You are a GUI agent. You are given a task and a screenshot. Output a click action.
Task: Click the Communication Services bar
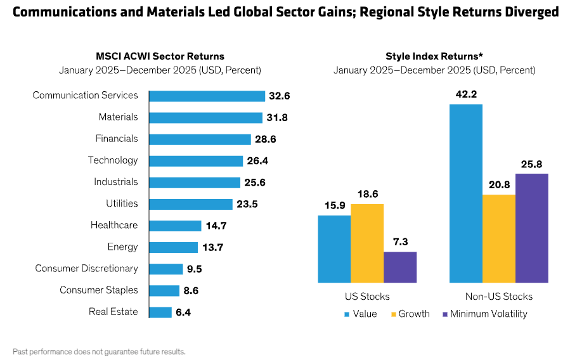click(x=207, y=96)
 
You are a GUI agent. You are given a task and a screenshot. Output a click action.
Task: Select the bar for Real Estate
click(x=160, y=312)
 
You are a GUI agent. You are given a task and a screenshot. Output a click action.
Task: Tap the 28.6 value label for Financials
click(x=265, y=139)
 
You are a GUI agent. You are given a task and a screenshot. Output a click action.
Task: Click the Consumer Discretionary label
click(x=86, y=268)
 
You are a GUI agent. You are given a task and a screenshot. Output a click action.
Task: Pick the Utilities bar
click(x=191, y=204)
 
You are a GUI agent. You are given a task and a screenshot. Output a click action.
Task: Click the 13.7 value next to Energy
click(x=212, y=247)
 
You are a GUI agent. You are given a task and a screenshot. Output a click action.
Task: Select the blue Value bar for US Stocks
click(x=334, y=249)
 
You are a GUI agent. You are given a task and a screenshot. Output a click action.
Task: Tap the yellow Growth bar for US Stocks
click(x=367, y=243)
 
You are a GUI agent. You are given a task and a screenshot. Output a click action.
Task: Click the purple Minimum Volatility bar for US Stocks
click(x=400, y=267)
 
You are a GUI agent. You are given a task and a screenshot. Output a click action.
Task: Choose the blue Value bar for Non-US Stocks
click(x=466, y=193)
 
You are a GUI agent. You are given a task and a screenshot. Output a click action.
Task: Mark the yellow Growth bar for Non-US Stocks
click(x=499, y=238)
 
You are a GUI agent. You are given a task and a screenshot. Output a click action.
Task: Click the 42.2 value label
click(x=466, y=94)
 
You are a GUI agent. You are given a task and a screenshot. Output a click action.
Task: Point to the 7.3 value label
click(x=400, y=242)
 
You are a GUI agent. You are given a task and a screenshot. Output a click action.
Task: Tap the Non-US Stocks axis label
click(x=499, y=297)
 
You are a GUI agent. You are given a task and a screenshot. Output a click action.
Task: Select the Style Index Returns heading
click(x=434, y=56)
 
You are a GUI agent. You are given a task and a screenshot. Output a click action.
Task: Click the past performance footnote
click(x=99, y=350)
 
